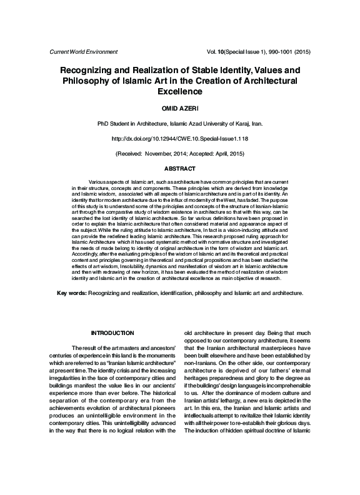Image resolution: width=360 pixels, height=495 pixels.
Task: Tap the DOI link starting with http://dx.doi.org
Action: pyautogui.click(x=179, y=138)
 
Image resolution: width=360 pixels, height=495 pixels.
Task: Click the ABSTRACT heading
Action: pyautogui.click(x=179, y=169)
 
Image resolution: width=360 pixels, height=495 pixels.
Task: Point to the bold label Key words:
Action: pyautogui.click(x=72, y=292)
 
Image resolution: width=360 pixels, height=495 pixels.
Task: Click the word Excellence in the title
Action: pyautogui.click(x=179, y=91)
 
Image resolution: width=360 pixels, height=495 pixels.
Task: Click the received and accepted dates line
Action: pyautogui.click(x=179, y=153)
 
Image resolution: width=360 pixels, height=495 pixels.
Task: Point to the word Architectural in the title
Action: pyautogui.click(x=263, y=81)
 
